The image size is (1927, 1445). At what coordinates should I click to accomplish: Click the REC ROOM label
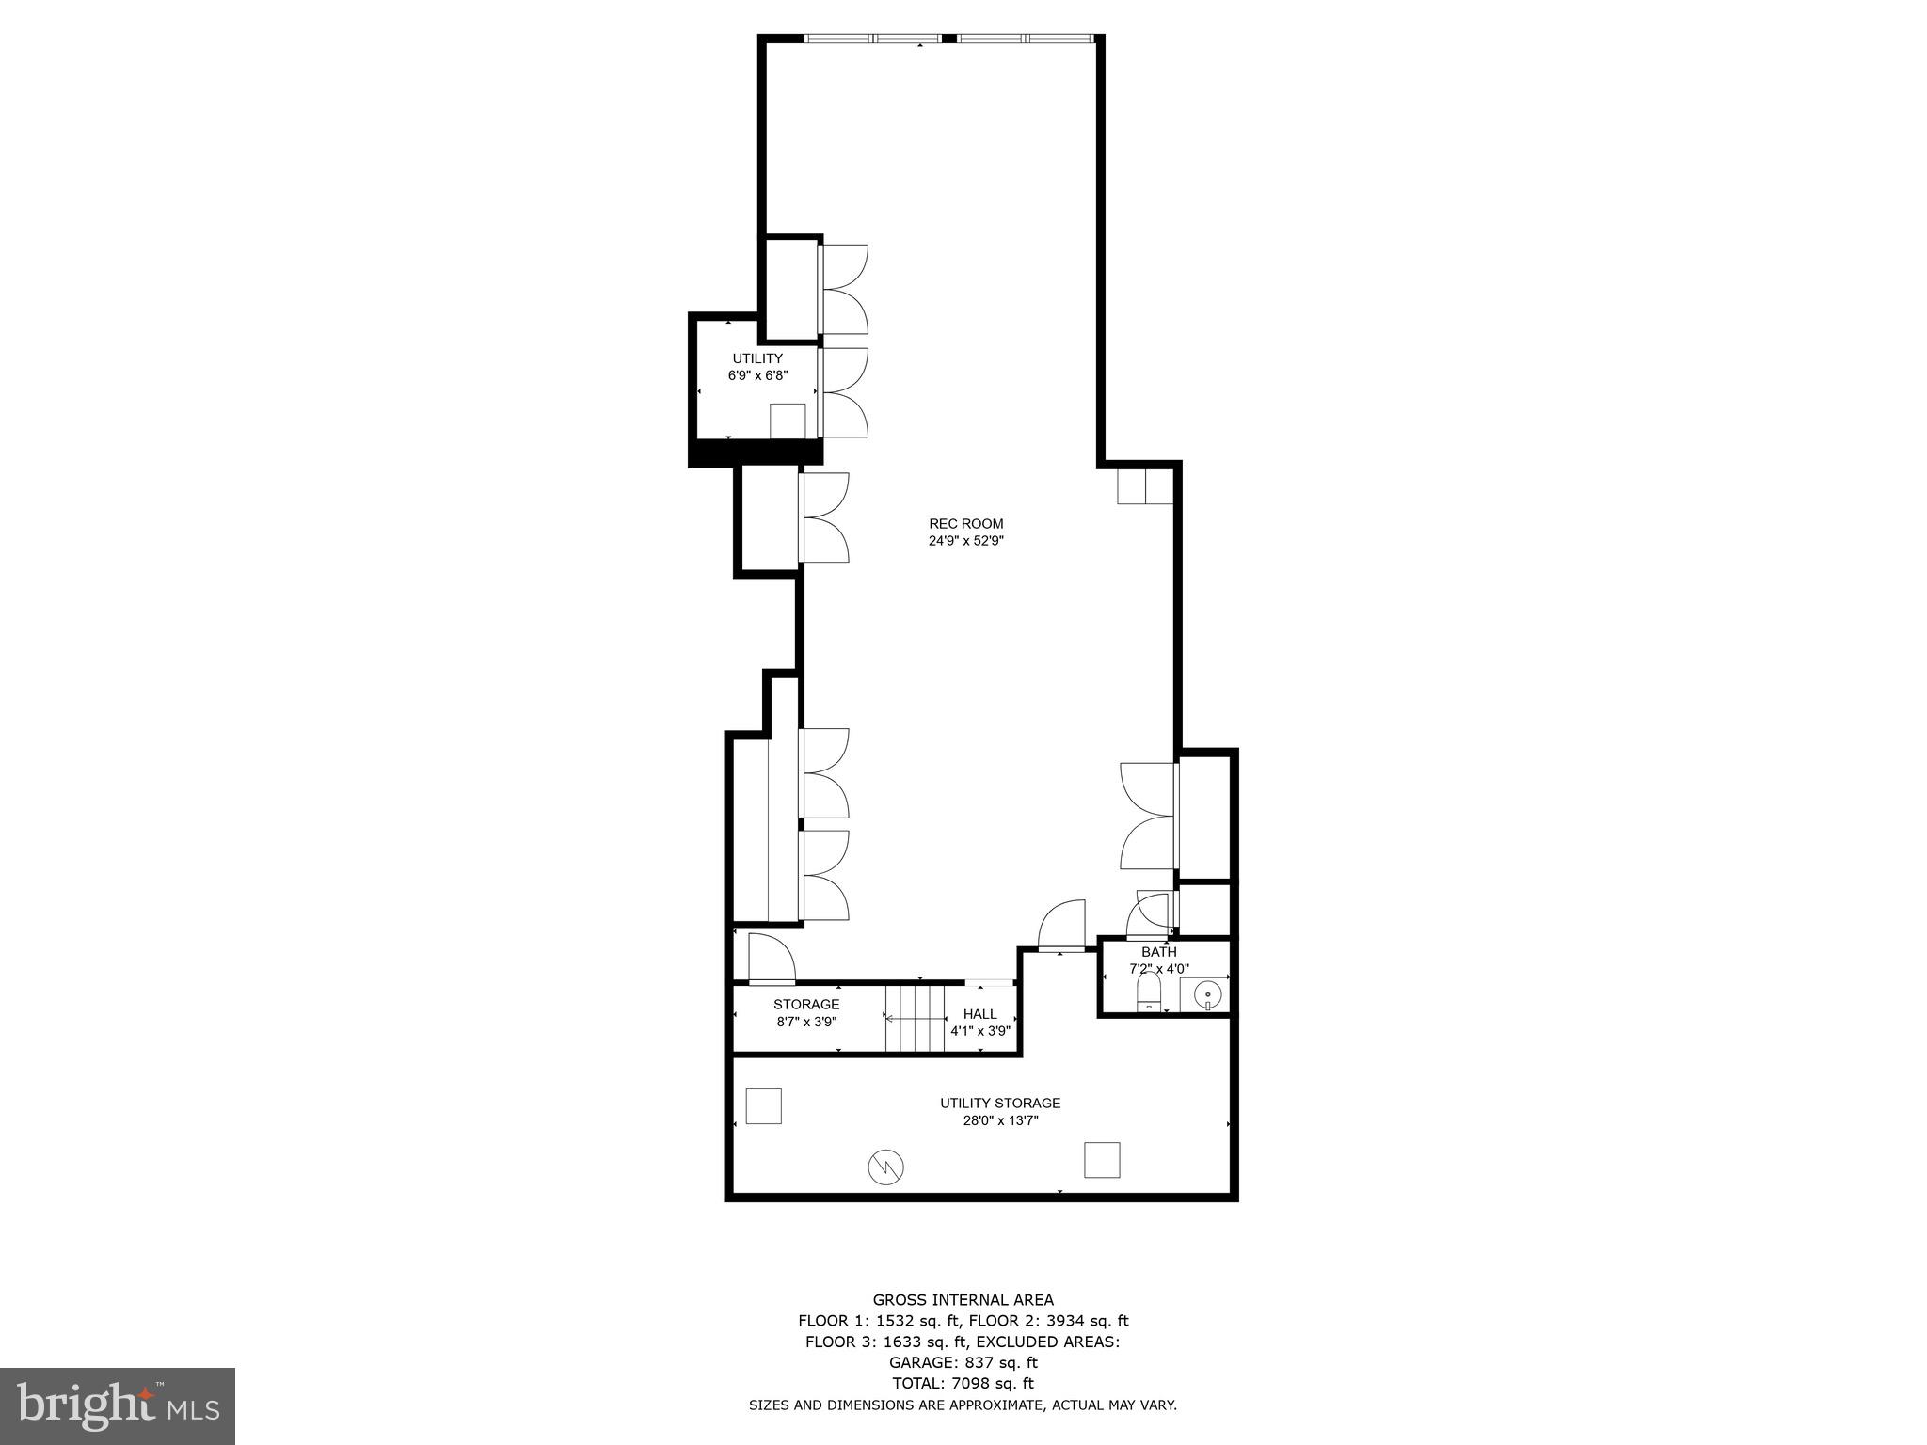pos(965,524)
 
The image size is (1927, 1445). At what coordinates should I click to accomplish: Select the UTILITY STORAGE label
pos(999,1103)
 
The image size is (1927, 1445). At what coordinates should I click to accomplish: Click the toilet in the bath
pos(1148,992)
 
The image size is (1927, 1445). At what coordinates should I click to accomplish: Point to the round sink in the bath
pos(1207,993)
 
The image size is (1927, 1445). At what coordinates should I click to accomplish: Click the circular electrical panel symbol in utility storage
pos(885,1167)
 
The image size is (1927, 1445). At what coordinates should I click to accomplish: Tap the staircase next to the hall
pos(916,1018)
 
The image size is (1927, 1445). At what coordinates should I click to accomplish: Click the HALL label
pos(979,1014)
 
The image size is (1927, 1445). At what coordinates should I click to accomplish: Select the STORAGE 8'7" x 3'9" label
pos(806,1012)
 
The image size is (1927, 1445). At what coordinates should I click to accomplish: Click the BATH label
pos(1158,952)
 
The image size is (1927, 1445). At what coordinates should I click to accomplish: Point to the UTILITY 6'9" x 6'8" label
pos(757,366)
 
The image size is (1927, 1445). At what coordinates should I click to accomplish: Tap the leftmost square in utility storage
pos(763,1105)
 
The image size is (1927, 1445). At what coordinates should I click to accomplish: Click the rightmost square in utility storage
pos(1101,1160)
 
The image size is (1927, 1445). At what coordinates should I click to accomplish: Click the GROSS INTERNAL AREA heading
pos(963,1300)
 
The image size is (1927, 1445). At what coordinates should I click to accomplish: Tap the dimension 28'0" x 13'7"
pos(999,1120)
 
